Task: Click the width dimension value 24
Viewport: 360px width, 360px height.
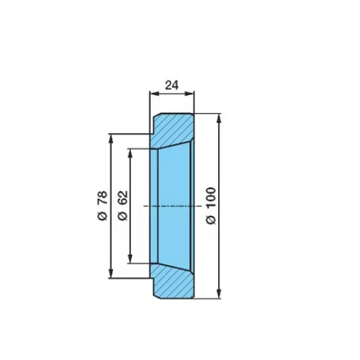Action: click(x=172, y=85)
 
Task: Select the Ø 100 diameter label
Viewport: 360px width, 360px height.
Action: click(x=211, y=206)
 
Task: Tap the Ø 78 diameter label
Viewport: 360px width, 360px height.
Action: click(x=102, y=206)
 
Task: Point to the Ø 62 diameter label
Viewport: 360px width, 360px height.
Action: click(x=122, y=206)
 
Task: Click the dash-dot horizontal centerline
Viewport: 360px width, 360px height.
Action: click(x=172, y=206)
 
